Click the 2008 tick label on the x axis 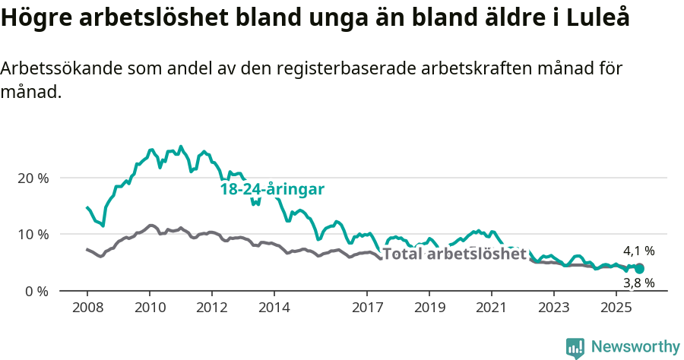[87, 308]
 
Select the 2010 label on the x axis [150, 308]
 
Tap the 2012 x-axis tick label [212, 308]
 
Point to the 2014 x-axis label [274, 308]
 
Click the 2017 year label [367, 308]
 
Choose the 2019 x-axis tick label [429, 308]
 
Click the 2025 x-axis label [616, 308]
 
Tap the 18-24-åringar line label [272, 189]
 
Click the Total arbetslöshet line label [454, 254]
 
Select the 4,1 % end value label [638, 251]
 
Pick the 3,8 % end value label [638, 283]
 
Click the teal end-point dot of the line [640, 268]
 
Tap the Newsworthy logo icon [575, 348]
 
